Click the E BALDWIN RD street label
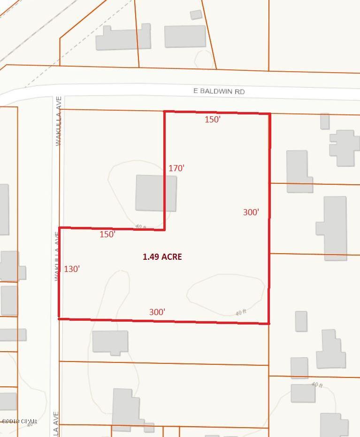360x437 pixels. tap(219, 91)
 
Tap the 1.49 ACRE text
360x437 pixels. tap(162, 257)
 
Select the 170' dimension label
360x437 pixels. tap(176, 168)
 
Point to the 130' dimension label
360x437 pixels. tap(72, 269)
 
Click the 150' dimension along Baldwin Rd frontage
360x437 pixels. tap(213, 120)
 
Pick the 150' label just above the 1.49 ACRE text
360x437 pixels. tap(107, 234)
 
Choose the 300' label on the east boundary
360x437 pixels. tap(251, 212)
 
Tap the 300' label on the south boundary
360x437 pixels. tap(157, 312)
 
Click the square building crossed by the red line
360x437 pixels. tap(156, 193)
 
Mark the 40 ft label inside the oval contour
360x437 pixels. tap(241, 311)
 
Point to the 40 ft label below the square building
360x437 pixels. tap(141, 227)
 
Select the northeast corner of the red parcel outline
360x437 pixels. tap(270, 114)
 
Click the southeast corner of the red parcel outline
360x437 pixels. tap(268, 324)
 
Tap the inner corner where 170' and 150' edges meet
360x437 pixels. tap(165, 230)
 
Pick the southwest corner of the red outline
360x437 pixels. tap(59, 318)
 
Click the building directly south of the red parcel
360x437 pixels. tap(110, 342)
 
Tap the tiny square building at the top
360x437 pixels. tap(196, 15)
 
